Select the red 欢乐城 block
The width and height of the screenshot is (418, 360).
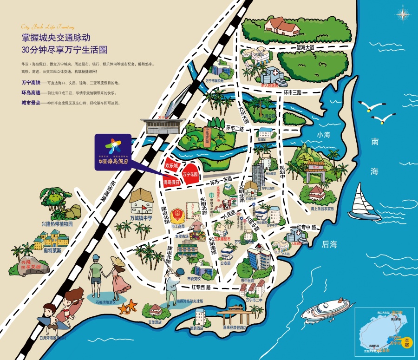coord(172,164)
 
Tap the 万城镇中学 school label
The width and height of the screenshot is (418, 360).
coord(141,217)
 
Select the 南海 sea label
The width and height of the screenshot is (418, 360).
coord(374,156)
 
